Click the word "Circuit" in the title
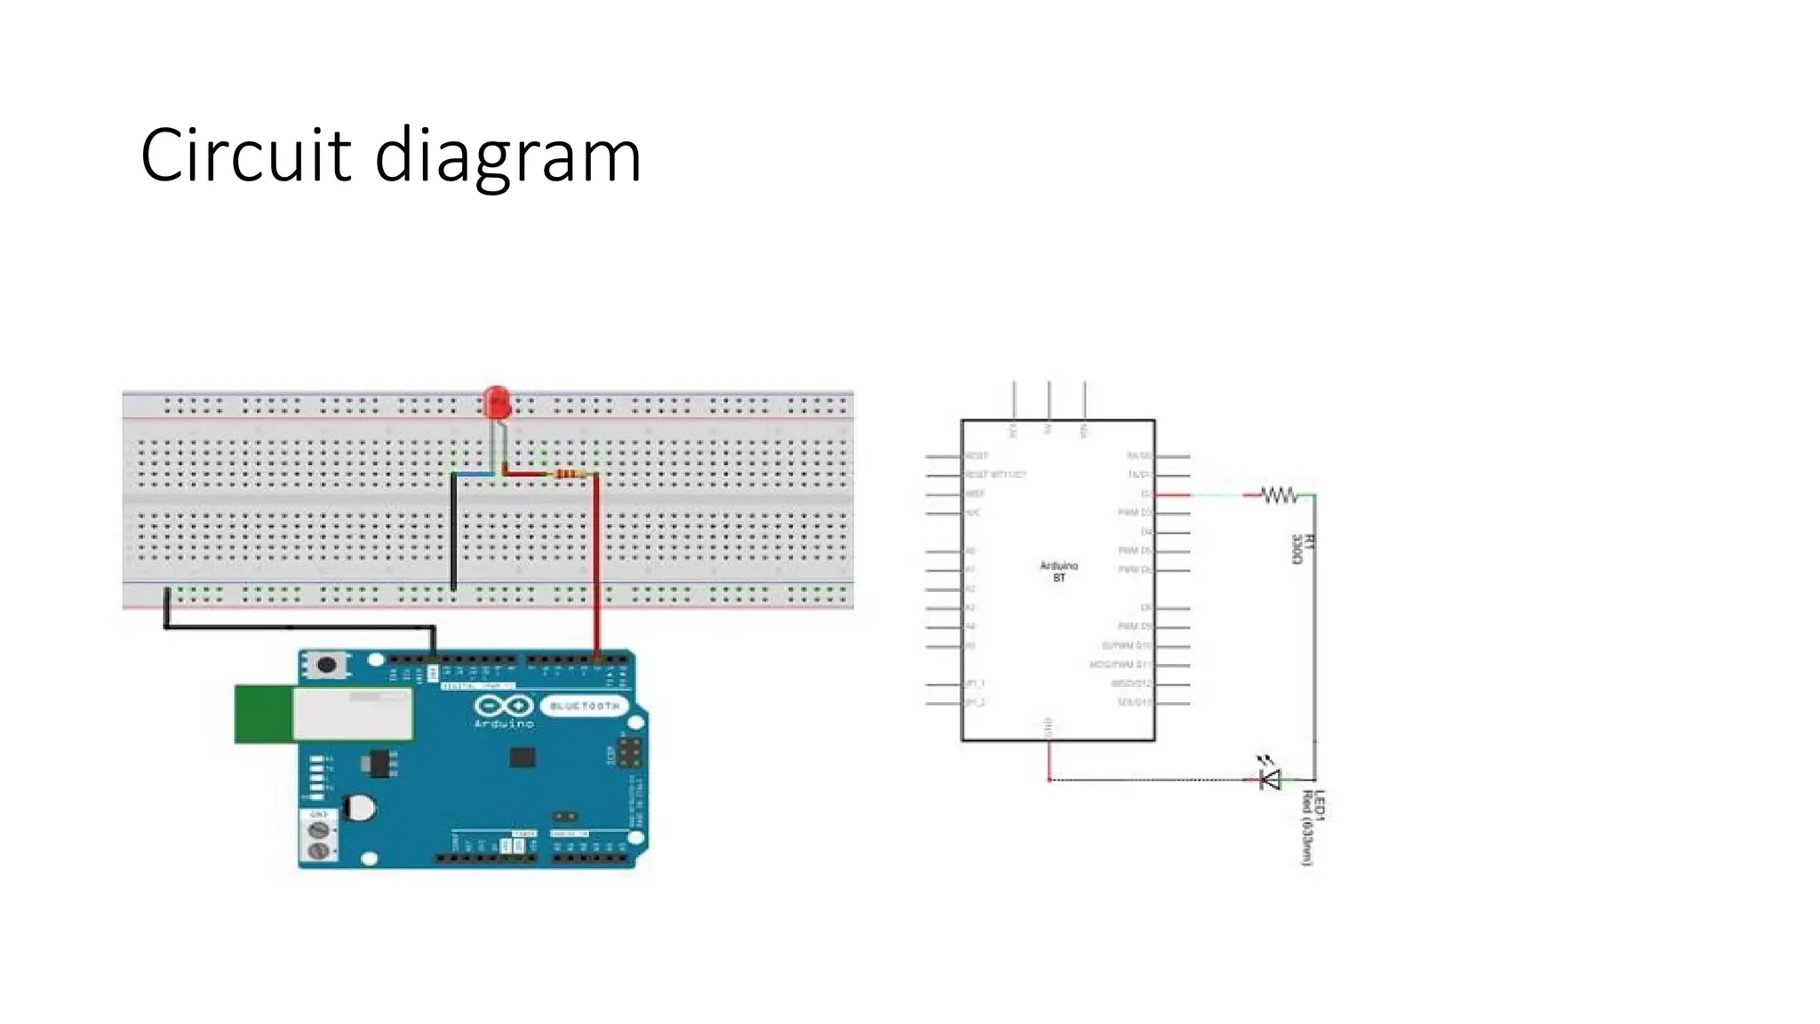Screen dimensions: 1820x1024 tap(245, 156)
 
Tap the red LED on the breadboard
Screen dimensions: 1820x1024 tap(497, 403)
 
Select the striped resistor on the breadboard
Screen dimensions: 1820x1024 tap(570, 475)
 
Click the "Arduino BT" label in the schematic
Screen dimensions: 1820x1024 tap(1058, 572)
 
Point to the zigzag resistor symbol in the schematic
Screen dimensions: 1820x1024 tap(1279, 495)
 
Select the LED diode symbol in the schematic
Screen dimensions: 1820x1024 tap(1271, 780)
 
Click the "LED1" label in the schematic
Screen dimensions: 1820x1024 tap(1320, 805)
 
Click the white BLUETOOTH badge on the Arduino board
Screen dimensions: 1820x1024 tap(584, 706)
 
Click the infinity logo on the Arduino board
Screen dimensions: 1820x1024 tap(504, 707)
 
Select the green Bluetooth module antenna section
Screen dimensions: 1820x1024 tap(263, 714)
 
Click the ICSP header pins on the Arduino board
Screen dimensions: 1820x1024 tap(630, 752)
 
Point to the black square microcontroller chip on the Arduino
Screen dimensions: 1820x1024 tap(523, 757)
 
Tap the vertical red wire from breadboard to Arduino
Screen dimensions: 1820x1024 tap(596, 569)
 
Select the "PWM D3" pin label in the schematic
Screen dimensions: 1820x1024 tap(1134, 513)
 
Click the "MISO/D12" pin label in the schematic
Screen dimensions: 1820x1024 tap(1130, 684)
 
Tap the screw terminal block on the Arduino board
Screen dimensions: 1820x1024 tap(319, 840)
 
